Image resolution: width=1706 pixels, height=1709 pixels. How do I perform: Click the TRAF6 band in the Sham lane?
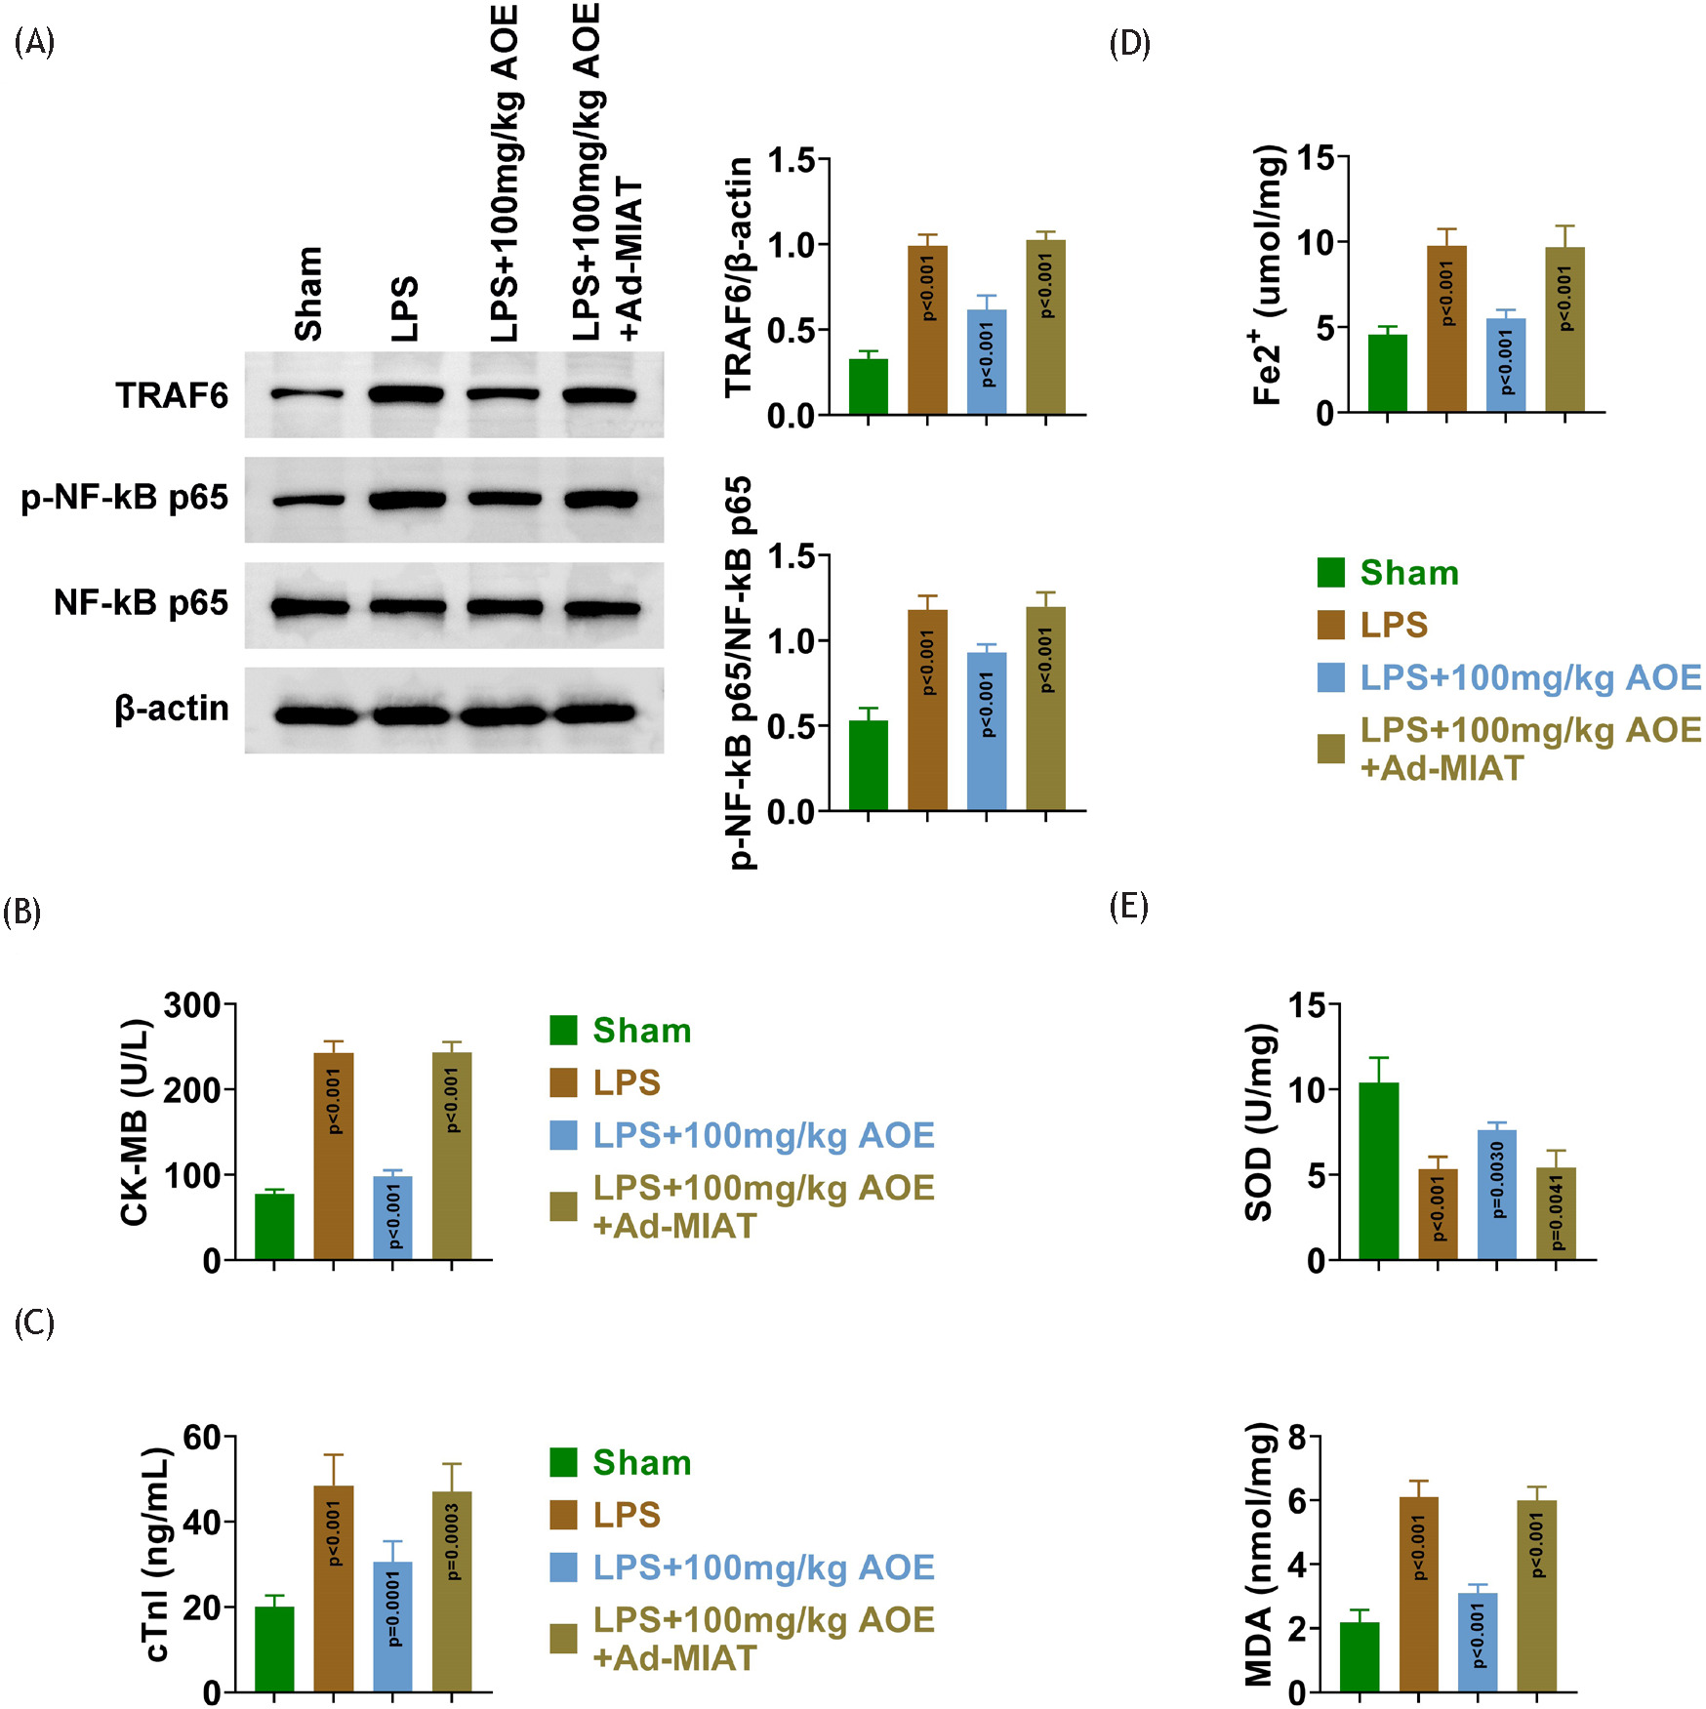click(x=306, y=394)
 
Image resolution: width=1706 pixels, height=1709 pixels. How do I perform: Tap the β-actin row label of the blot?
click(x=172, y=709)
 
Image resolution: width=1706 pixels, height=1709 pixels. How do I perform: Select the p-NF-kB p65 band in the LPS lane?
click(x=407, y=500)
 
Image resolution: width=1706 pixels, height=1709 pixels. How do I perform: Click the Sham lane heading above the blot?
click(x=308, y=293)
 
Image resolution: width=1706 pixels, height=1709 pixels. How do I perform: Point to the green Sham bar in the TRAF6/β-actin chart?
click(x=868, y=387)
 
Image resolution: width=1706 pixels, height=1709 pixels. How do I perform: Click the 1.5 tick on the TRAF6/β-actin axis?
click(x=791, y=160)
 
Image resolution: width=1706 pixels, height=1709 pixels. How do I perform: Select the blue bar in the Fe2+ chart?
click(x=1505, y=365)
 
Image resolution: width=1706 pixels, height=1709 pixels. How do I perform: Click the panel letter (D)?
click(x=1129, y=44)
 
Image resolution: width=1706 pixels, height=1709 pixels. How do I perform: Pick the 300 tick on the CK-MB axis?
click(x=192, y=1005)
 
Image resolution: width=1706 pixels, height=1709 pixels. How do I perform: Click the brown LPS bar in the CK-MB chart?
click(x=334, y=1157)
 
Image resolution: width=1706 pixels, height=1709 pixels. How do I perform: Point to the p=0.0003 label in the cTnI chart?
click(x=453, y=1541)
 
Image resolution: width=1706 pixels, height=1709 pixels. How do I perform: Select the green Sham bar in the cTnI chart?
click(x=274, y=1648)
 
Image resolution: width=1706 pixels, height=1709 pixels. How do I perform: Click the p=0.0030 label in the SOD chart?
click(x=1498, y=1180)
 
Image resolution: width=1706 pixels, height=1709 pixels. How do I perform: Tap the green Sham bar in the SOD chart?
click(x=1378, y=1171)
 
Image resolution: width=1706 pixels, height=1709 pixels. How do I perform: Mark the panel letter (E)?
click(x=1128, y=907)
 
